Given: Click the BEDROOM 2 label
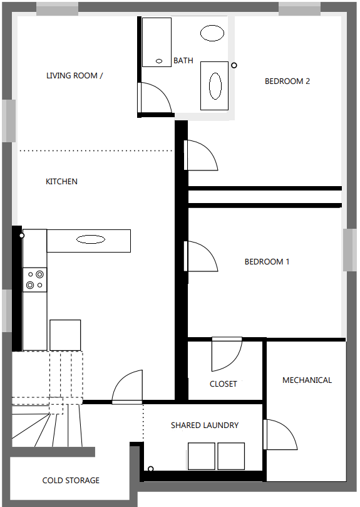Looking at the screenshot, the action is click(x=287, y=81).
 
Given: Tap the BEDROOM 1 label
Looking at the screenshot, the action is click(x=267, y=261).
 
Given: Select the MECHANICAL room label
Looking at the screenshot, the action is click(x=307, y=380).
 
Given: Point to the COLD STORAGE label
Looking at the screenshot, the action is click(x=71, y=481).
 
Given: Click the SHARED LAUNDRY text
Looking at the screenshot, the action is click(x=205, y=425).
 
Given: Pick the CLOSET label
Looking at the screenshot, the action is click(x=224, y=384).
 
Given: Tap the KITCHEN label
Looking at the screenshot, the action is click(x=61, y=181).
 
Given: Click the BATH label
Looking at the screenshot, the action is click(x=183, y=60).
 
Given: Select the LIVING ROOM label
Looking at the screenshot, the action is click(x=75, y=76).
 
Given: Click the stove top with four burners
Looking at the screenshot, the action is click(x=35, y=280).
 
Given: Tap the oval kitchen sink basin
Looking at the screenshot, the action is click(x=91, y=239).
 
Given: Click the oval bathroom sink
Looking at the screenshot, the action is click(x=212, y=33).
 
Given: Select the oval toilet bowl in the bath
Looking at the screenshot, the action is click(x=215, y=86).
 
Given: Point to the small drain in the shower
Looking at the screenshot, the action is click(x=159, y=61).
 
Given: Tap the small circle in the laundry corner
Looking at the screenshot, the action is click(x=151, y=469).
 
